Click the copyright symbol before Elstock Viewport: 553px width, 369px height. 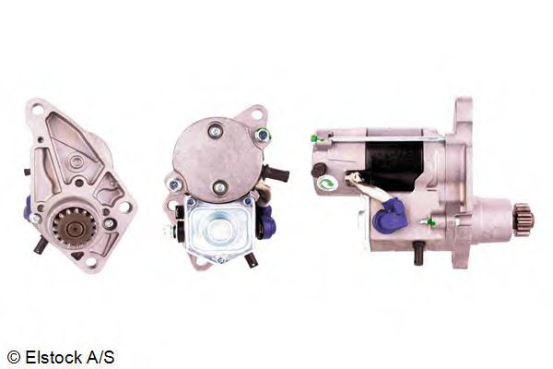[x=14, y=357]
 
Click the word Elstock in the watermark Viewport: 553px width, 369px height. [x=54, y=357]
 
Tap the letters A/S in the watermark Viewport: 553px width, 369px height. [x=100, y=357]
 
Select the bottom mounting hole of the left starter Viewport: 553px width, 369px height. [x=90, y=262]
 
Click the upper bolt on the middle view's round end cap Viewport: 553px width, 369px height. [x=215, y=131]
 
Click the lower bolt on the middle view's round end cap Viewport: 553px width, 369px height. [x=219, y=187]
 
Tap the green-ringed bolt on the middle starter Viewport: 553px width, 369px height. [x=263, y=135]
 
